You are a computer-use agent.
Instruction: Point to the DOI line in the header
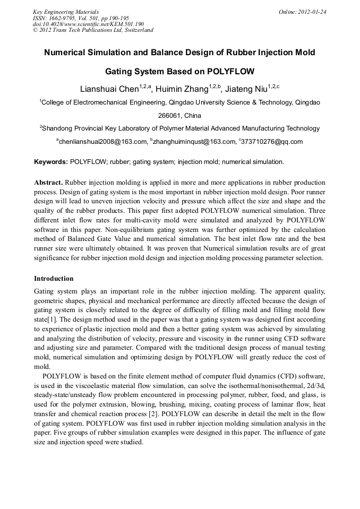click(88, 24)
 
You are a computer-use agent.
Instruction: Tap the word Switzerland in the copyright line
click(136, 30)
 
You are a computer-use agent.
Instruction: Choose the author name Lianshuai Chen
click(108, 89)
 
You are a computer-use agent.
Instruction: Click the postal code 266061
click(170, 115)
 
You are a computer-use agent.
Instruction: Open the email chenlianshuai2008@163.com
click(102, 141)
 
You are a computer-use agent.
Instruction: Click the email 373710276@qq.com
click(273, 141)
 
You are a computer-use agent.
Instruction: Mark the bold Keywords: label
click(51, 161)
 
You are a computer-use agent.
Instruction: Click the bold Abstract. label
click(49, 182)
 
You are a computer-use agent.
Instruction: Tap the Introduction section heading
click(54, 279)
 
